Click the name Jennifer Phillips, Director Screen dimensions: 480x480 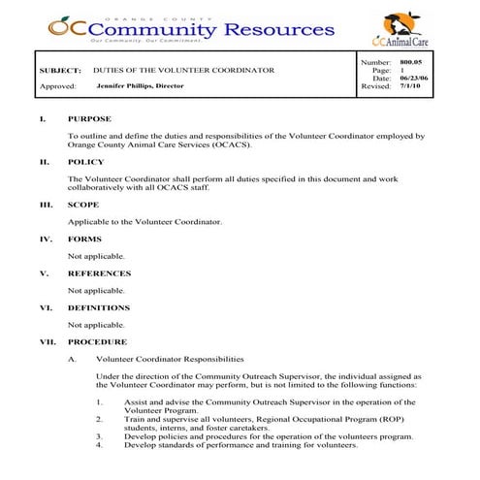tap(141, 86)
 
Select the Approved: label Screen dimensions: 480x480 tap(57, 86)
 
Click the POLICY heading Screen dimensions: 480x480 tap(85, 162)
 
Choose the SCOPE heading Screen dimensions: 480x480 tap(83, 206)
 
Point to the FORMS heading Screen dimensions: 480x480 tap(84, 239)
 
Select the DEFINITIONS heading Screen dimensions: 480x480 tap(100, 307)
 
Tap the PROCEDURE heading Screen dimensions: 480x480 tap(97, 341)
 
